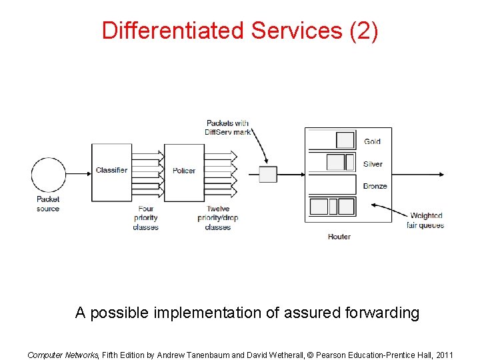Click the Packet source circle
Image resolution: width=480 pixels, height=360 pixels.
[x=49, y=175]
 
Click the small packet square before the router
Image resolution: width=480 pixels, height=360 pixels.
[x=267, y=175]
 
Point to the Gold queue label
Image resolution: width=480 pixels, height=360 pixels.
[x=372, y=141]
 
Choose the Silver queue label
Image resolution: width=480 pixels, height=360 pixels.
[x=373, y=164]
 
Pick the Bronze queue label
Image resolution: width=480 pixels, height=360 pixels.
[x=375, y=186]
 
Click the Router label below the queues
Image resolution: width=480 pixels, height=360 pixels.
[x=339, y=237]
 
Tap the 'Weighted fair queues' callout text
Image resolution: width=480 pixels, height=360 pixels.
[x=425, y=220]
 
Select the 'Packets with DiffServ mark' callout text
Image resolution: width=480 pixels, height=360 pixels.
[x=227, y=127]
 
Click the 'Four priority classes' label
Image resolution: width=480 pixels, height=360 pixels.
[x=145, y=218]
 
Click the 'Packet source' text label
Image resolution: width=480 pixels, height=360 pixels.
[x=48, y=203]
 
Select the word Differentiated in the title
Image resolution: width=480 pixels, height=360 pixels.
[x=173, y=31]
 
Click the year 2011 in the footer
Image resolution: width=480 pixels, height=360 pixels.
[x=442, y=355]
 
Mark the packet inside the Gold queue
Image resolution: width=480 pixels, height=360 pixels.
[x=345, y=140]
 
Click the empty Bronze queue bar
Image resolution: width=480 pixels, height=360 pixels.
[x=332, y=184]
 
